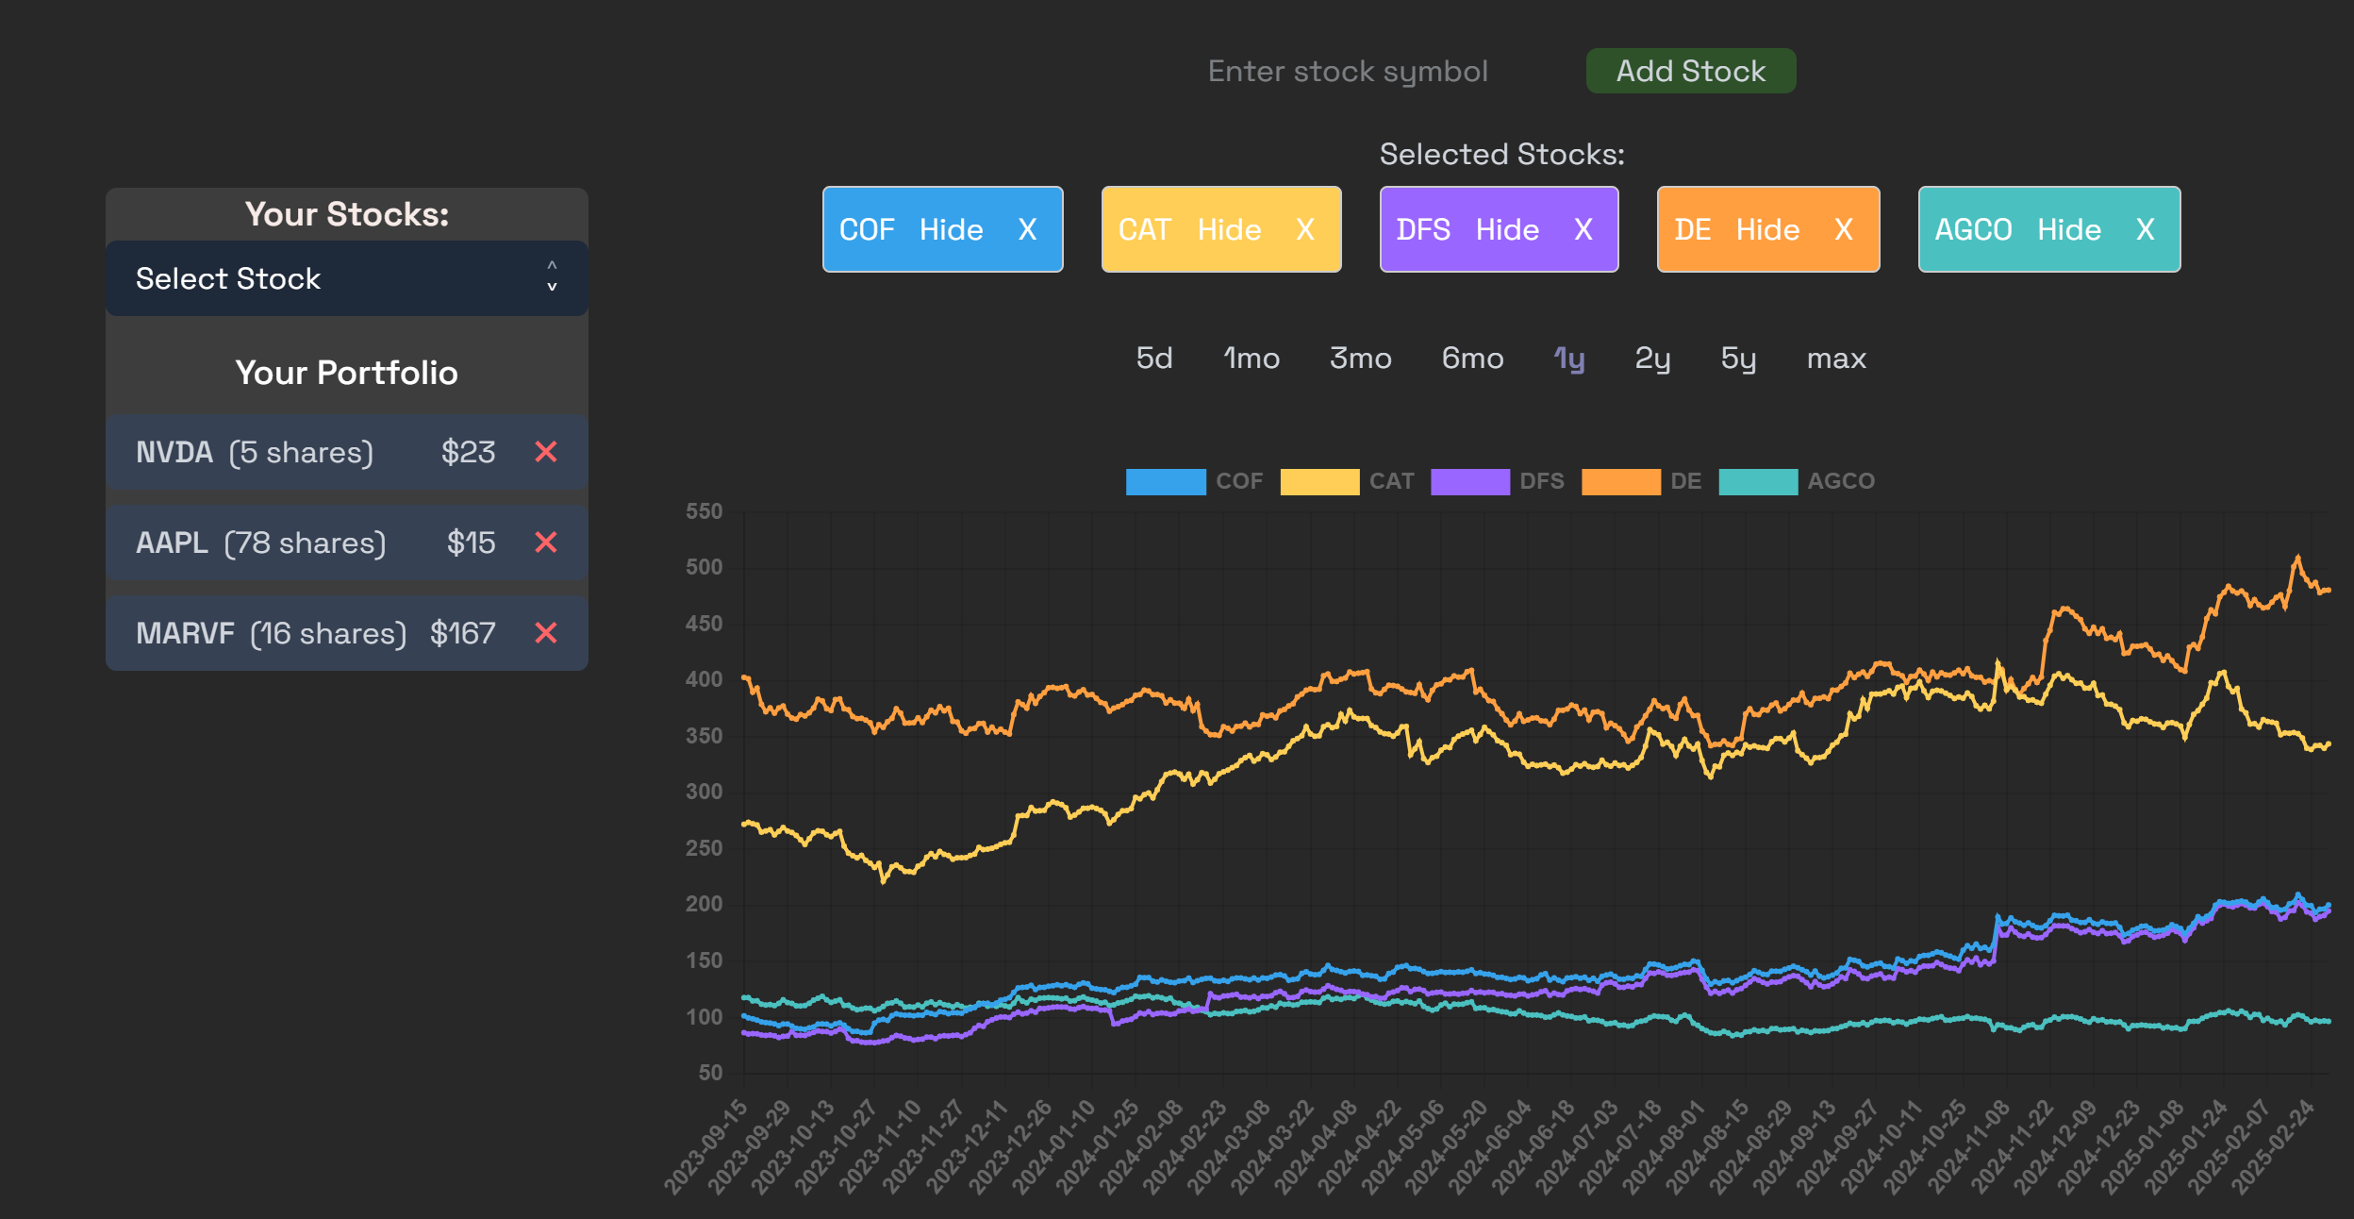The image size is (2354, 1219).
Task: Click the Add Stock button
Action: (x=1690, y=71)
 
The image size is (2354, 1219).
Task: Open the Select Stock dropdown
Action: (x=346, y=278)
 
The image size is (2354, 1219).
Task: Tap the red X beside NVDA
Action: (x=546, y=452)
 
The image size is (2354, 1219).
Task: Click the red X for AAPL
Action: (x=546, y=543)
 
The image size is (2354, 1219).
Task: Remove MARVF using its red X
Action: (x=546, y=633)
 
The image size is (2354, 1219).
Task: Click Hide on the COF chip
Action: (x=951, y=229)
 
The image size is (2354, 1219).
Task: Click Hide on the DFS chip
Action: (x=1507, y=229)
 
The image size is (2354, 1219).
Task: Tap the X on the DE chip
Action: (x=1844, y=229)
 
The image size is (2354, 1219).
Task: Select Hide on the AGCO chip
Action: (x=2069, y=229)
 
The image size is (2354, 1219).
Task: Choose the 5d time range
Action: (x=1154, y=359)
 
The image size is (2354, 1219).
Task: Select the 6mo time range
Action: (x=1472, y=359)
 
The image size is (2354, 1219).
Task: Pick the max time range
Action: (x=1836, y=359)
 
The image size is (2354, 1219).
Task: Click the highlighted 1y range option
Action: (x=1569, y=359)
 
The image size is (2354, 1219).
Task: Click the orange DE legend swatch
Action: (x=1620, y=481)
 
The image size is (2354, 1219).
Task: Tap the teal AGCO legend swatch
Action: (x=1758, y=481)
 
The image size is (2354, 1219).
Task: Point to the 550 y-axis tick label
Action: (x=704, y=511)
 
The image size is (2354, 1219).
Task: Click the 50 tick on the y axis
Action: (x=710, y=1073)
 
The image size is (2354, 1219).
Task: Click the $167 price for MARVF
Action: (x=462, y=633)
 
